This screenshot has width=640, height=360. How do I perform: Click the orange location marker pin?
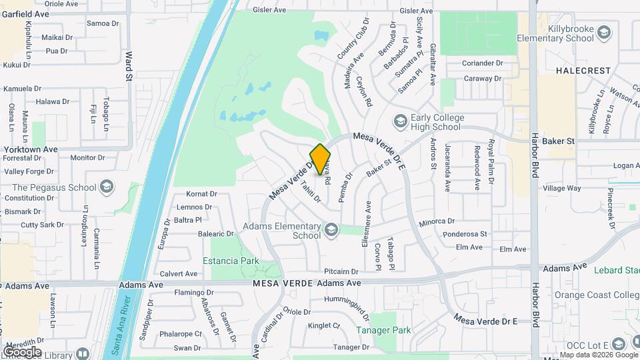[x=320, y=159]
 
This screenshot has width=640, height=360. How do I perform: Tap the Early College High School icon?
[x=400, y=121]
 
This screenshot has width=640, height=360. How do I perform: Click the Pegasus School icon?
[x=107, y=187]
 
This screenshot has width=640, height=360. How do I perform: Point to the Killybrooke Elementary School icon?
[x=603, y=32]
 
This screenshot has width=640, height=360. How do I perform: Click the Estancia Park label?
[x=231, y=261]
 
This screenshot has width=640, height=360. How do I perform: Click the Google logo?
[x=22, y=351]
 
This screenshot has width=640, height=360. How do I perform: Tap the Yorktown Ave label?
[x=32, y=149]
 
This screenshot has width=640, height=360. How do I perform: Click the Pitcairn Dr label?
[x=341, y=271]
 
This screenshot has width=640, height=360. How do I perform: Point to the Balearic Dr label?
[x=216, y=234]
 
